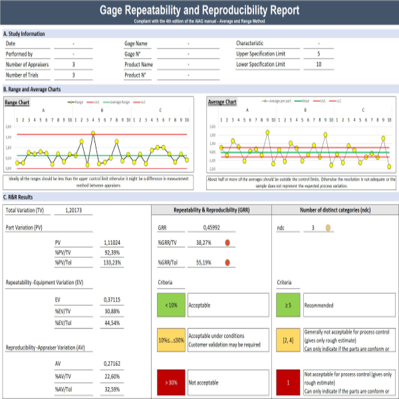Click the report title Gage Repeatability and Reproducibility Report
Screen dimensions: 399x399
(199, 11)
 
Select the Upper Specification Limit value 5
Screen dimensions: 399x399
(319, 54)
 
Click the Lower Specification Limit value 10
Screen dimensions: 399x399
(319, 65)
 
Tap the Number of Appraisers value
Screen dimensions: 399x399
(73, 65)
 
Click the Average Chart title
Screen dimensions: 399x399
(222, 102)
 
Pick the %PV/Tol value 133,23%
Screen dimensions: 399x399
(112, 263)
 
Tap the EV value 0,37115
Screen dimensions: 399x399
(112, 301)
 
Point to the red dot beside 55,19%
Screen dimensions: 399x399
(227, 263)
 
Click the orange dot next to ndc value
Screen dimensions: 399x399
(328, 227)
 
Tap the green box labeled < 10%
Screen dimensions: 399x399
(170, 305)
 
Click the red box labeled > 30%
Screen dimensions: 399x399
(170, 382)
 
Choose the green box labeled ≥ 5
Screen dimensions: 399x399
(287, 305)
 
